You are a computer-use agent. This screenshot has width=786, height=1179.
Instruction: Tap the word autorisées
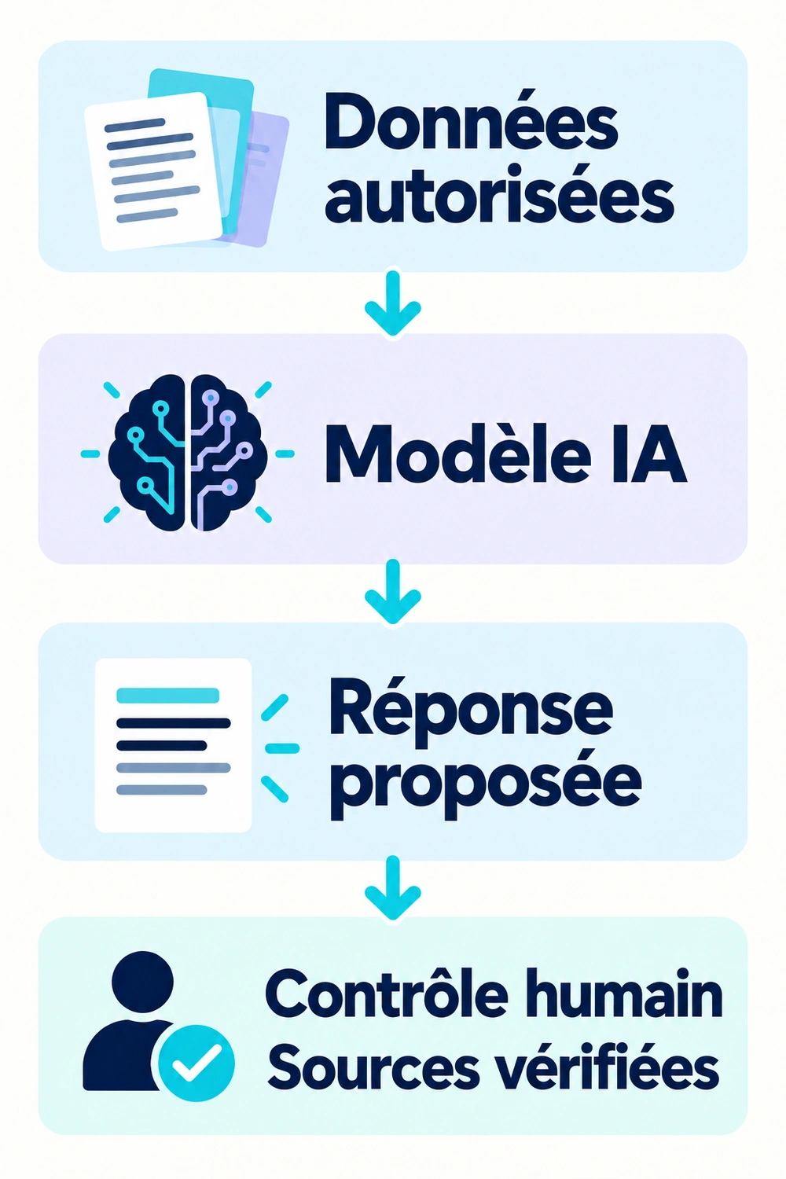point(499,196)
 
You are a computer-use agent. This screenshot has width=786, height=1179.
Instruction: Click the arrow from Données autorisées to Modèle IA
point(393,303)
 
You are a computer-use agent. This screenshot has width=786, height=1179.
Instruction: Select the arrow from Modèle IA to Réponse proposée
point(393,592)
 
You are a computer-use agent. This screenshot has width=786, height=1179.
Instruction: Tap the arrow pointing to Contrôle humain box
point(393,888)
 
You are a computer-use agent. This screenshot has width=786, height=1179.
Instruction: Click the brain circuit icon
point(187,453)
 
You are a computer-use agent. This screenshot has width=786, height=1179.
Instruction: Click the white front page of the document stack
point(153,171)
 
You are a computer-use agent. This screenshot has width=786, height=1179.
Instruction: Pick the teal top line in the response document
point(167,695)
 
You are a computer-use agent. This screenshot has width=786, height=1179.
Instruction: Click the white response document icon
point(173,745)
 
